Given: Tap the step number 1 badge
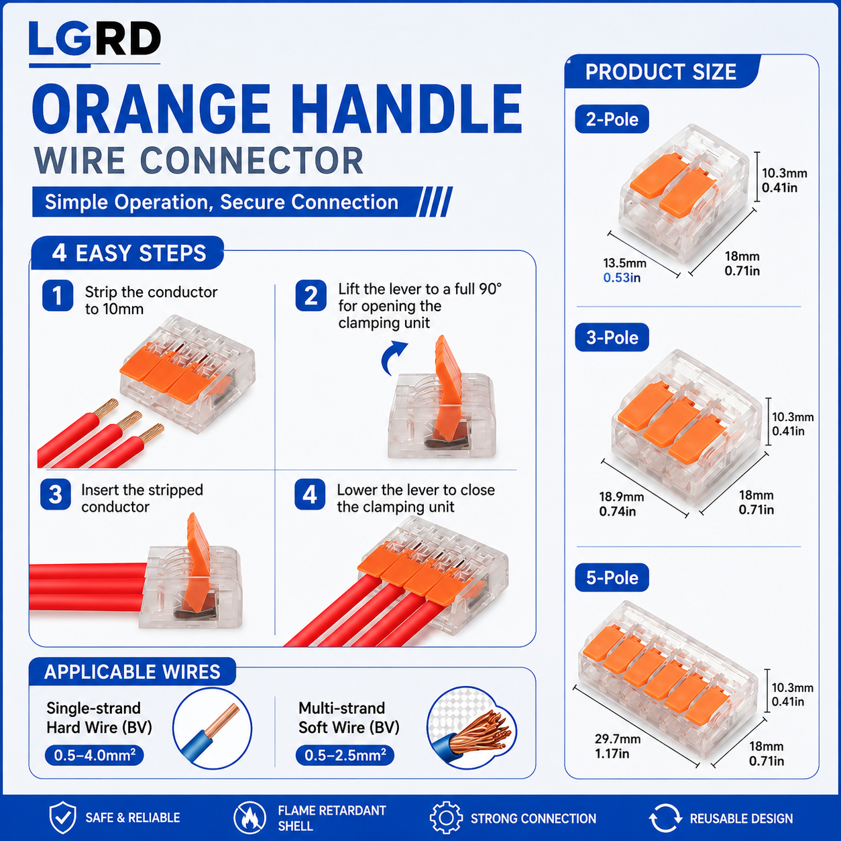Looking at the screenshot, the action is (58, 296).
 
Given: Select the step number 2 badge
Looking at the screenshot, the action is (311, 296).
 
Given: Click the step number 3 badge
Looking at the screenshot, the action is (56, 494).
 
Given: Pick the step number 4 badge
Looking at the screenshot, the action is (310, 494).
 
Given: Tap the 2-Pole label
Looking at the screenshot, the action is (612, 119).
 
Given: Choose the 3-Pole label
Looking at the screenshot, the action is (612, 337).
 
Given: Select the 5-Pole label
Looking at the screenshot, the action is (612, 578).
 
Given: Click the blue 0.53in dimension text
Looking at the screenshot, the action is (622, 278).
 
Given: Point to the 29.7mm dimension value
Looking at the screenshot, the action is (618, 739).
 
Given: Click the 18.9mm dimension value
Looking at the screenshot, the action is (622, 497).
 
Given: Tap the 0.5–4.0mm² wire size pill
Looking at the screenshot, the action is (95, 755).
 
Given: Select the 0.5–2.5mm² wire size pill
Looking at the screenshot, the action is (345, 755).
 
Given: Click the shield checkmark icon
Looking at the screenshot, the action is (62, 818).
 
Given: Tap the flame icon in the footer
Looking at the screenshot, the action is (249, 818).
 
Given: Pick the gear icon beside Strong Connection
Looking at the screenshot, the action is (446, 818).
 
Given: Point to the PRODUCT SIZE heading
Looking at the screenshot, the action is (661, 72).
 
